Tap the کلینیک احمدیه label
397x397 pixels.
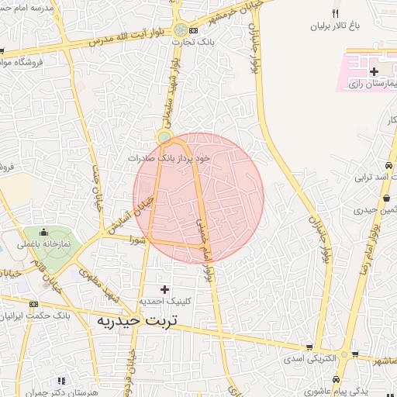pyautogui.click(x=164, y=300)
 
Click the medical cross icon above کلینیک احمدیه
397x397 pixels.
pyautogui.click(x=164, y=289)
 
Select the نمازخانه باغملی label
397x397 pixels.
pyautogui.click(x=44, y=243)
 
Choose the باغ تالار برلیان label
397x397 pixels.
pyautogui.click(x=338, y=26)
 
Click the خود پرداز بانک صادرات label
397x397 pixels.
pyautogui.click(x=170, y=157)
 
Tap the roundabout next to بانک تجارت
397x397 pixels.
pyautogui.click(x=181, y=29)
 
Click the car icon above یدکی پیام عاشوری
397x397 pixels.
pyautogui.click(x=335, y=379)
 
